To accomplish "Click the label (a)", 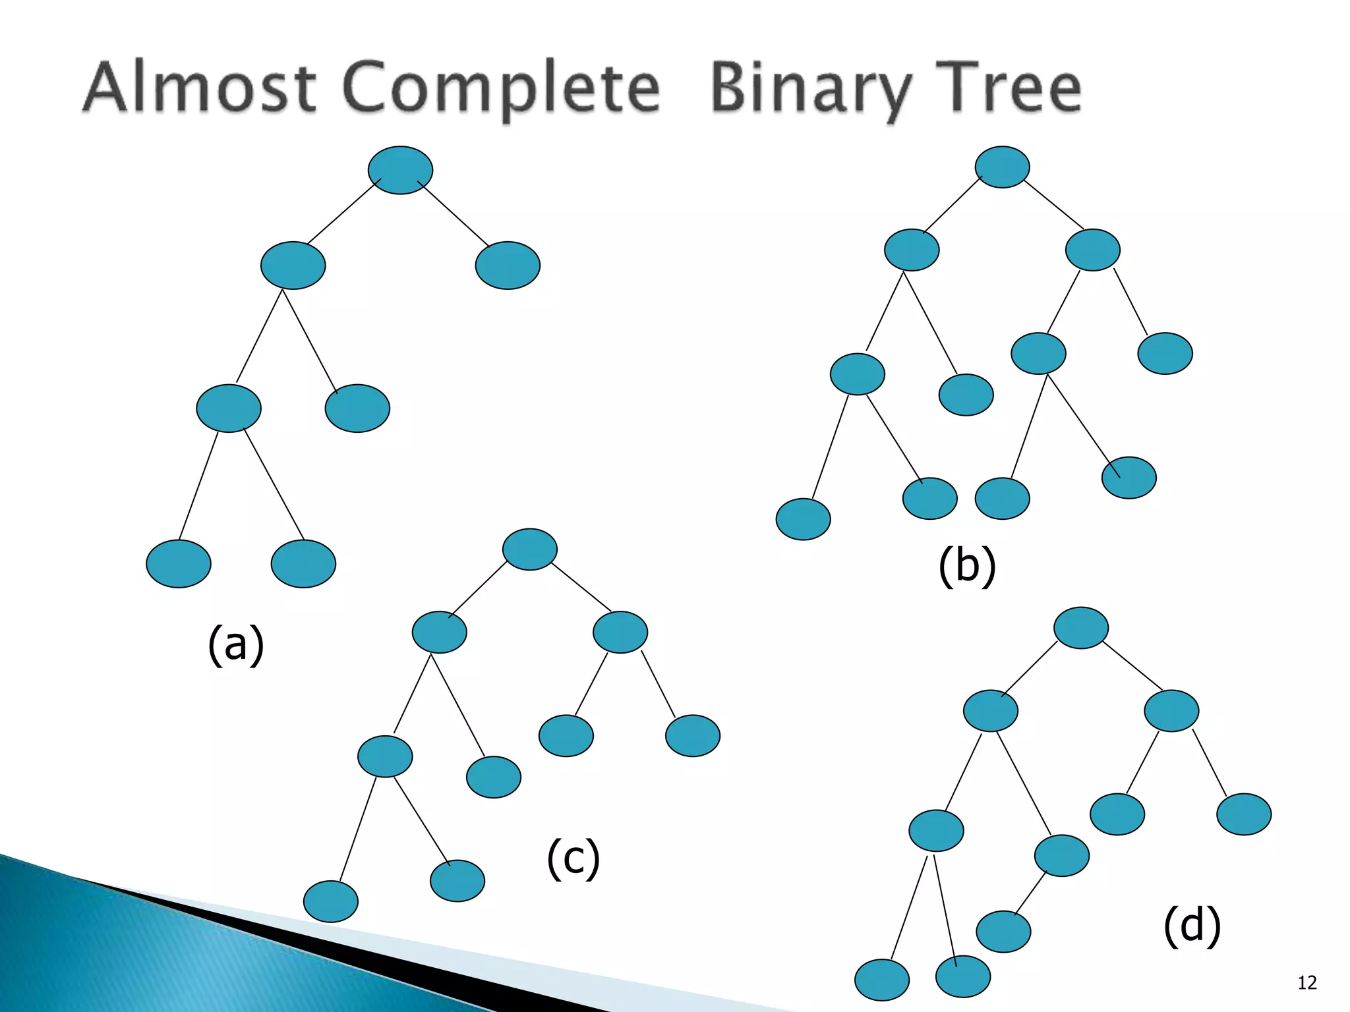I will click(236, 644).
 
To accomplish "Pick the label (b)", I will click(967, 565).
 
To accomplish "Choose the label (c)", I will click(573, 857).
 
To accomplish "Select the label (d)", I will click(1192, 925).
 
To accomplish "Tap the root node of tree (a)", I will click(400, 170).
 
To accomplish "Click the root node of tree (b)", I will click(1002, 167).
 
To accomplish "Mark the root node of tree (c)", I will click(529, 549).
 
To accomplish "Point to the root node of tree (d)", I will click(1081, 627).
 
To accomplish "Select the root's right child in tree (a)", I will click(508, 266).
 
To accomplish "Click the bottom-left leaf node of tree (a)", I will click(179, 563).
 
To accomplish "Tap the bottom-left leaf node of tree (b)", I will click(803, 519).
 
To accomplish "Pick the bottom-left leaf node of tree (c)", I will click(331, 901).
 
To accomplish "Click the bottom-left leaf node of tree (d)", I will click(882, 980).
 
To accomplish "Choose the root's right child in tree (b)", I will click(1092, 250).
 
